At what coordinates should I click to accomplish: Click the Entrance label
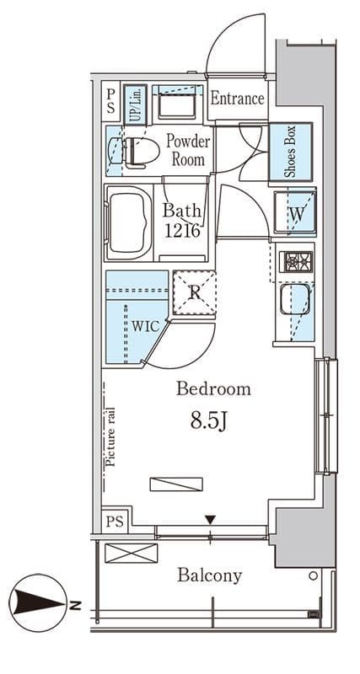coord(237,99)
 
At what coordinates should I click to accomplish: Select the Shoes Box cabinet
coord(290,152)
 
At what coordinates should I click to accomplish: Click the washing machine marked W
coord(295,213)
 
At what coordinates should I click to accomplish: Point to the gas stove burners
coord(296,262)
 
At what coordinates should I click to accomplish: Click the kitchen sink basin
coord(294,299)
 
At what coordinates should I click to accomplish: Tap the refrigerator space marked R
coord(195,293)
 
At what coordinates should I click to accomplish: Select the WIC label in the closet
coord(145,326)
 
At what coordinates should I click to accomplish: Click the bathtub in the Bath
coord(128,222)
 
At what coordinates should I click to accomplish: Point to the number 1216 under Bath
coord(182,231)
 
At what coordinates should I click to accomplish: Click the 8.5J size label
coord(208,422)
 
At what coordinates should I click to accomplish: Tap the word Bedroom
coord(214,389)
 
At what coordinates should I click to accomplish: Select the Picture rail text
coord(110,437)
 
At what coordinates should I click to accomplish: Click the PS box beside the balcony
coord(115,522)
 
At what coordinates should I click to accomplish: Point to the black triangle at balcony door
coord(210,521)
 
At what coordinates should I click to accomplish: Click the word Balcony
coord(210,575)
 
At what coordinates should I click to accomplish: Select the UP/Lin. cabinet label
coord(135,104)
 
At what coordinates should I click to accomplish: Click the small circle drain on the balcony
coord(314,575)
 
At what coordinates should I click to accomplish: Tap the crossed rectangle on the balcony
coord(132,553)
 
